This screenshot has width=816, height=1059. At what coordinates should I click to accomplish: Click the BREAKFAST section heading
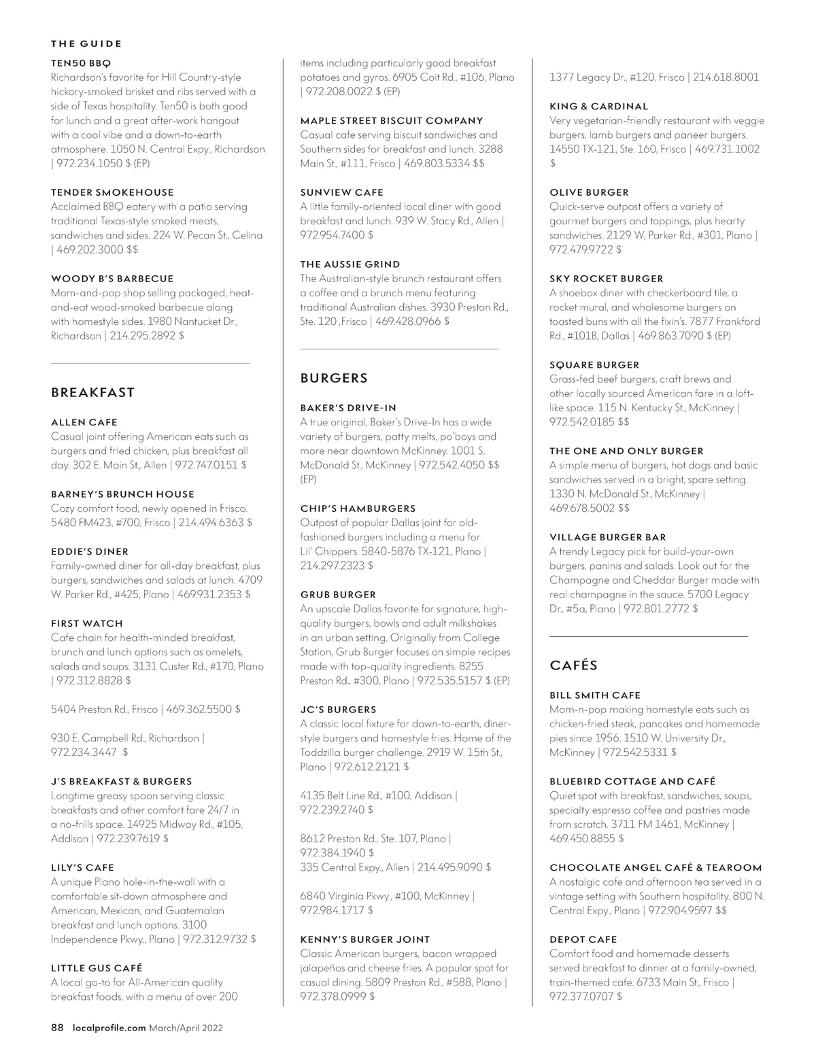pyautogui.click(x=92, y=392)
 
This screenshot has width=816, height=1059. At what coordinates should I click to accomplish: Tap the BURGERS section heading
pyautogui.click(x=334, y=378)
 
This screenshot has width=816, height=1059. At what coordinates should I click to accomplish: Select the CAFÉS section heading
pyautogui.click(x=573, y=665)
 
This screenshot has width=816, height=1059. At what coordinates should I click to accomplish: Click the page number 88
pyautogui.click(x=57, y=1028)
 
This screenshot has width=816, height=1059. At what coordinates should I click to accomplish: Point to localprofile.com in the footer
pyautogui.click(x=109, y=1028)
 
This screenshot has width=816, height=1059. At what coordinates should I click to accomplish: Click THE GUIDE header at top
pyautogui.click(x=86, y=44)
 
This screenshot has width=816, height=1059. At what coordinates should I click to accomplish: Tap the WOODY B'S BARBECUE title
pyautogui.click(x=112, y=279)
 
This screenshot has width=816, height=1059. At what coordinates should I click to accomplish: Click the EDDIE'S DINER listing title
pyautogui.click(x=90, y=551)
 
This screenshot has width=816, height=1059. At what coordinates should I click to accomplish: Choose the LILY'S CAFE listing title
pyautogui.click(x=82, y=867)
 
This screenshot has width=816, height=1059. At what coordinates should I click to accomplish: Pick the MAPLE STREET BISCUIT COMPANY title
pyautogui.click(x=392, y=120)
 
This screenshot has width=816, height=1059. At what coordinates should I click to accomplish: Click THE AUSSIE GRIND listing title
pyautogui.click(x=350, y=264)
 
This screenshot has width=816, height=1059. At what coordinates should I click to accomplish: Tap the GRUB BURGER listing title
pyautogui.click(x=338, y=595)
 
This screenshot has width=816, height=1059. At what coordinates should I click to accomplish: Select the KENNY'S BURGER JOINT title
pyautogui.click(x=365, y=939)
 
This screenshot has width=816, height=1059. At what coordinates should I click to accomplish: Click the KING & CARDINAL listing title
pyautogui.click(x=598, y=106)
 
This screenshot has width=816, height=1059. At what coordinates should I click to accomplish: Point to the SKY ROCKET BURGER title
pyautogui.click(x=606, y=279)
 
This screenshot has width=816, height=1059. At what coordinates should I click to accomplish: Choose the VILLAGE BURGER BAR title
pyautogui.click(x=608, y=537)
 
